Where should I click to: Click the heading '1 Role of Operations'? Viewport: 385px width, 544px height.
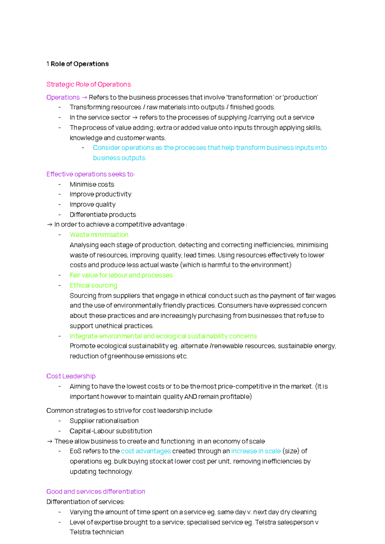pyautogui.click(x=78, y=64)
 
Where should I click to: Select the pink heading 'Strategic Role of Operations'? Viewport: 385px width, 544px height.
pyautogui.click(x=89, y=84)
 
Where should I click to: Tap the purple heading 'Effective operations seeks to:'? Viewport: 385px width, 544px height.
pyautogui.click(x=90, y=174)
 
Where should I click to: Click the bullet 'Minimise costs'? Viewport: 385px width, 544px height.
pyautogui.click(x=92, y=184)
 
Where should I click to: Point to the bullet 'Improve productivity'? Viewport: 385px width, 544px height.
pyautogui.click(x=100, y=194)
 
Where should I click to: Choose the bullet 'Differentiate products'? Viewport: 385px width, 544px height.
pyautogui.click(x=103, y=215)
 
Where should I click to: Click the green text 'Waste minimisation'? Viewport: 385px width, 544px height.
pyautogui.click(x=99, y=235)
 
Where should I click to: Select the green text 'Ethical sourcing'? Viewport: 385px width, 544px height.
pyautogui.click(x=93, y=285)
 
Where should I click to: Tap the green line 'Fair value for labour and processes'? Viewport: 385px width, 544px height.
pyautogui.click(x=121, y=275)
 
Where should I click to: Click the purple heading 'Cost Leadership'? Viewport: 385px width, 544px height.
pyautogui.click(x=71, y=376)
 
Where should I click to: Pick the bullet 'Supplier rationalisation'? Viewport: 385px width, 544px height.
pyautogui.click(x=104, y=421)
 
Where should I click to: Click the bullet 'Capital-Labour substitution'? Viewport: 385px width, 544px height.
pyautogui.click(x=111, y=431)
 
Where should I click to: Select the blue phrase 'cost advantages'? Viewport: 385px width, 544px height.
pyautogui.click(x=146, y=451)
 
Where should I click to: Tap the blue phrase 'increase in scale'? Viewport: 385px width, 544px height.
pyautogui.click(x=256, y=451)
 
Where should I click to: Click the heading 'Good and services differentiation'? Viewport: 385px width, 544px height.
pyautogui.click(x=96, y=492)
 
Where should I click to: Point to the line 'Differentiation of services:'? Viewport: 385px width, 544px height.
pyautogui.click(x=85, y=502)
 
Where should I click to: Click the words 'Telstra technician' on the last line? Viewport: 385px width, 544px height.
pyautogui.click(x=97, y=532)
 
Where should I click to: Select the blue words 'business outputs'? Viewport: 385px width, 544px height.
pyautogui.click(x=119, y=158)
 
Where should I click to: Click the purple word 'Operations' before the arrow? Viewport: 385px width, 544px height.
pyautogui.click(x=63, y=98)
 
